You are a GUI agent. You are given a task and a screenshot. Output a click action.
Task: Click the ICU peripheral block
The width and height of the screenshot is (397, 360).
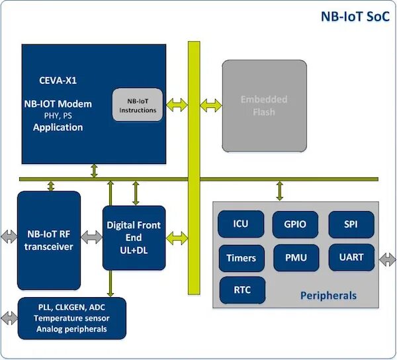tap(241, 224)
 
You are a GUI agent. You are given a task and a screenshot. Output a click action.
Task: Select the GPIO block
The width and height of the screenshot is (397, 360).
tap(295, 224)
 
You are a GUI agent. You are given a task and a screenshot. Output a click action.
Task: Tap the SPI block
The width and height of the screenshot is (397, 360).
tap(351, 224)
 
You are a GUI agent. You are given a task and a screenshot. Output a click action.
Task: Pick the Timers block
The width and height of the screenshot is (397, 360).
tap(242, 258)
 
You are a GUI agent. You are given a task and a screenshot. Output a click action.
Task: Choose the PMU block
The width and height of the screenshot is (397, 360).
tap(296, 257)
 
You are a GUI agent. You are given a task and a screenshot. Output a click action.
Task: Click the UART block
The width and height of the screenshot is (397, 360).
tap(351, 257)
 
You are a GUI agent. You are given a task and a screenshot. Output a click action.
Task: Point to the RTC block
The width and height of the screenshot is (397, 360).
tap(242, 290)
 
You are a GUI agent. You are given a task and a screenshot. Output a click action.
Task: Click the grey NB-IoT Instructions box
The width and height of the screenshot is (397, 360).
tap(138, 105)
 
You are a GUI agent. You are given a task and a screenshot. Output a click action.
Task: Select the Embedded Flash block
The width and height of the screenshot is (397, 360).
tap(264, 106)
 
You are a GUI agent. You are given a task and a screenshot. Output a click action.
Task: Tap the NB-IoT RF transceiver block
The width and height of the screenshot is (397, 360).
tap(49, 240)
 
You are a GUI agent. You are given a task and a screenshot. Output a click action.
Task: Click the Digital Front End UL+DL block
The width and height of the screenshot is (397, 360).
tap(134, 238)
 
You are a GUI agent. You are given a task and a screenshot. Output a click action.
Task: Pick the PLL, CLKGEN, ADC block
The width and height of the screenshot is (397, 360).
tap(72, 318)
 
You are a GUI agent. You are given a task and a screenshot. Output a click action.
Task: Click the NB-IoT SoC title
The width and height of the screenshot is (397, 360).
tap(355, 17)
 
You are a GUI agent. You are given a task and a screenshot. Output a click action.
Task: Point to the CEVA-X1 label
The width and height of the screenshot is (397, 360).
tap(58, 81)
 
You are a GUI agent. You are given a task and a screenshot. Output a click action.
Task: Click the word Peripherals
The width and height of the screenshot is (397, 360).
tap(328, 295)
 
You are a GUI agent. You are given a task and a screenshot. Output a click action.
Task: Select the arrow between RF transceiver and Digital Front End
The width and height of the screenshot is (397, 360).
tap(92, 237)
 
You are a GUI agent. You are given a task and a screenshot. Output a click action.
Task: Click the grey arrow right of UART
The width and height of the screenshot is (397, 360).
tap(387, 259)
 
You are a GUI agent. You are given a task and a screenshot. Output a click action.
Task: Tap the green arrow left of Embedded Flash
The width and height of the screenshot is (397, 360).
tap(210, 105)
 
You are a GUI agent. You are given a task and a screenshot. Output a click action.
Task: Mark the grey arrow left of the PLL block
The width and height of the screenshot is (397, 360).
tap(9, 318)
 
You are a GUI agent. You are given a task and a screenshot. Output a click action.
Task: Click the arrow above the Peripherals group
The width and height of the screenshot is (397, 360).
tap(279, 191)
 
